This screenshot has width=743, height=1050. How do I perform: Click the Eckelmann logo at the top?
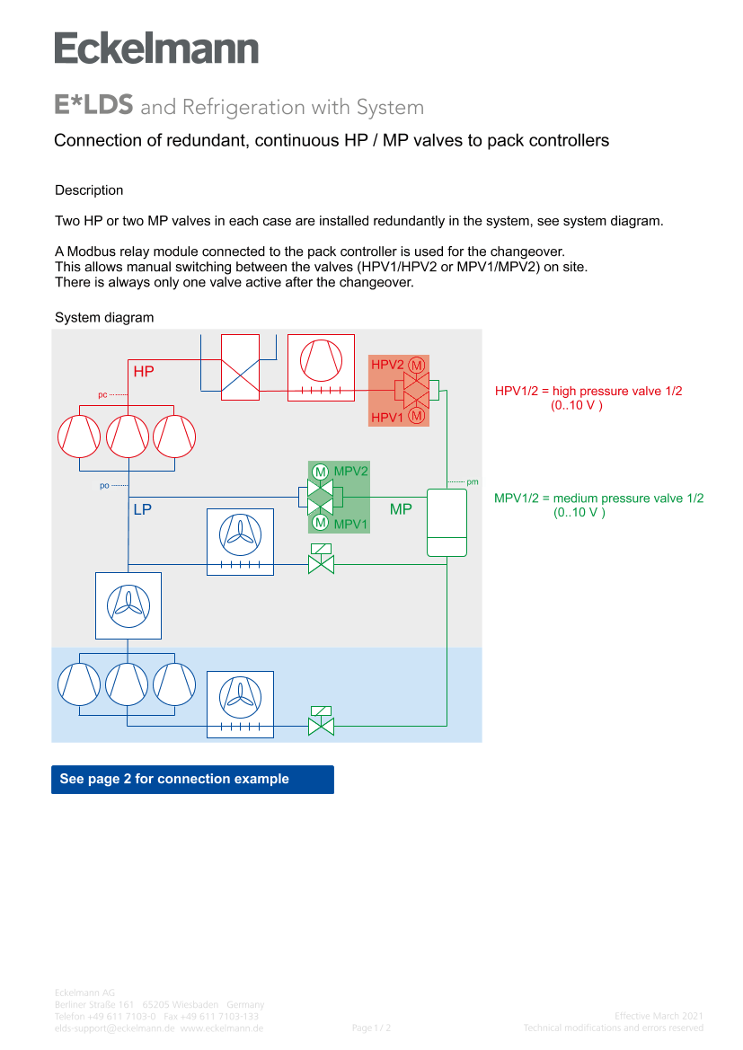[x=156, y=48]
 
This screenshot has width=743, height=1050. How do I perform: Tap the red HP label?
[x=144, y=371]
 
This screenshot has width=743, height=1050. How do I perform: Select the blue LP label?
[x=142, y=509]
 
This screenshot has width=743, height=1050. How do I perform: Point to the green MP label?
[x=401, y=509]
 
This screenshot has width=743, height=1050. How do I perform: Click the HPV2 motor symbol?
[x=417, y=365]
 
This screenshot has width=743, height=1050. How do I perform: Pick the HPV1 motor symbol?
[x=417, y=415]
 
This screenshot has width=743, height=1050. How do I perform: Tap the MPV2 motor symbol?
[x=320, y=472]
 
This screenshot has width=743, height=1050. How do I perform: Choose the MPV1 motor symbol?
[x=320, y=523]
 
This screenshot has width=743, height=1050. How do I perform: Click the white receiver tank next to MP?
[x=447, y=523]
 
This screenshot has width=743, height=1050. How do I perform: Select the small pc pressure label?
[x=102, y=394]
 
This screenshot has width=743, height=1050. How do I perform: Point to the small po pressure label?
[x=104, y=486]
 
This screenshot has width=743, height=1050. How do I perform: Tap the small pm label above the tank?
[x=473, y=482]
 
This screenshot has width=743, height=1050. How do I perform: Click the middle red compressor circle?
[x=128, y=436]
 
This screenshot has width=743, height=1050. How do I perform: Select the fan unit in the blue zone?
[x=240, y=704]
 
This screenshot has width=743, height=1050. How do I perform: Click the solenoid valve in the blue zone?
[x=321, y=722]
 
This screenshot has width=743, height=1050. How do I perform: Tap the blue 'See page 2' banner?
[x=192, y=779]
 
